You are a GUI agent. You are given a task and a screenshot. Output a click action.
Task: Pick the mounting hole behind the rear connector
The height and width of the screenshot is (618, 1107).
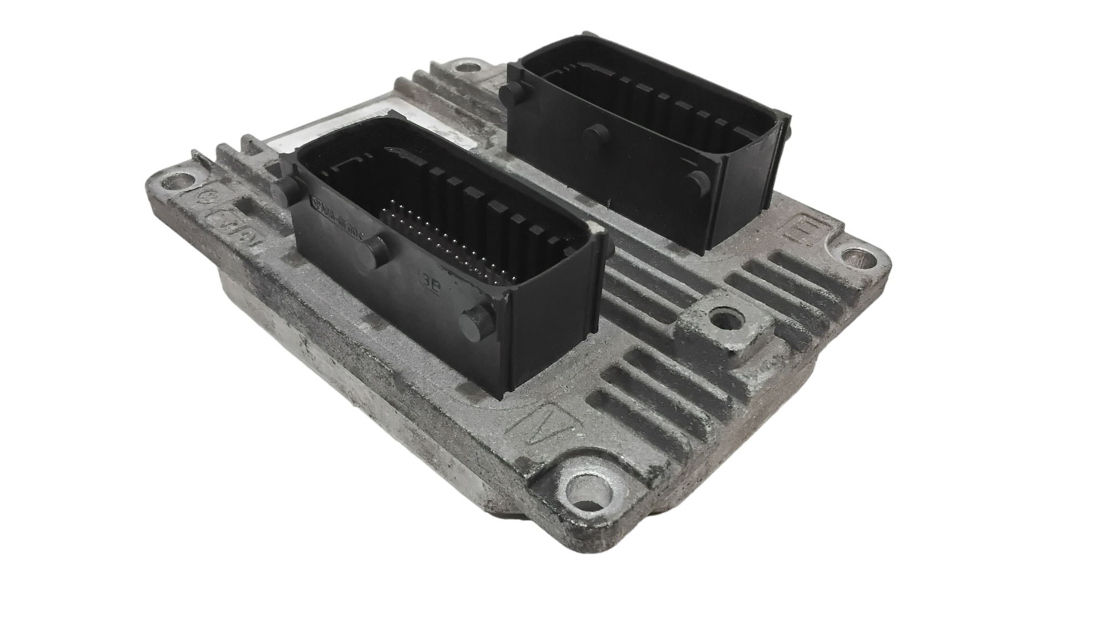click(464, 69)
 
